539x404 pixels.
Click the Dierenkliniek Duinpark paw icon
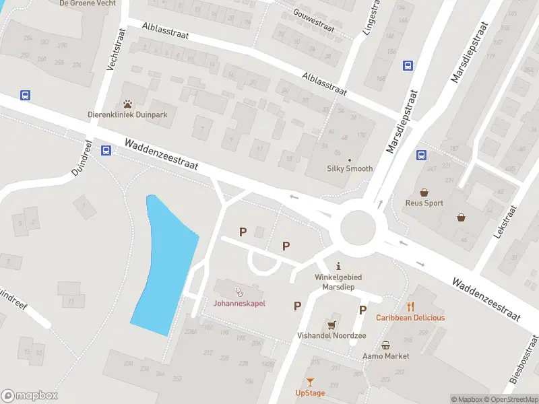[128, 104]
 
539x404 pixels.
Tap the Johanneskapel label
[239, 303]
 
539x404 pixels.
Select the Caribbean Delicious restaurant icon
[410, 306]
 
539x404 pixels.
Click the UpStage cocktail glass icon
[310, 382]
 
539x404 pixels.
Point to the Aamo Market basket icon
[385, 345]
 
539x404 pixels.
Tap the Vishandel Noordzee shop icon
[331, 324]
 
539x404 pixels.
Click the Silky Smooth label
[350, 168]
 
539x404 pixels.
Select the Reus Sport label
[424, 203]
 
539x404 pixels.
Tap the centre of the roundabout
[357, 228]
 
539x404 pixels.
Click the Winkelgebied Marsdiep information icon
[339, 265]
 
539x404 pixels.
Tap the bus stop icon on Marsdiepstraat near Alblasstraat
[408, 65]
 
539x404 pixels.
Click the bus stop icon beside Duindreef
[106, 151]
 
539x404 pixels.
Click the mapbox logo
[29, 396]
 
